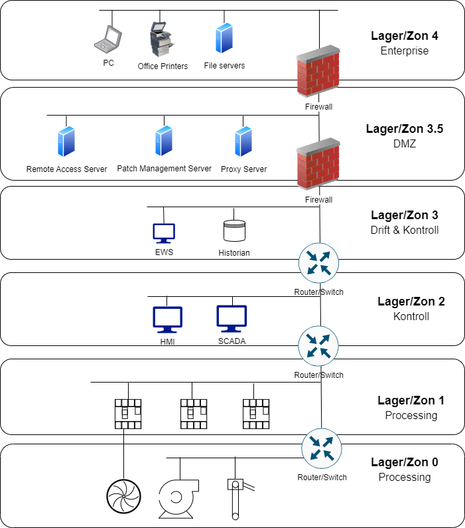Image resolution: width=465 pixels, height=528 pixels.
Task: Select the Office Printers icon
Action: point(162,39)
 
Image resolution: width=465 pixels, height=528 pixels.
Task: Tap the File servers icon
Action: point(224,39)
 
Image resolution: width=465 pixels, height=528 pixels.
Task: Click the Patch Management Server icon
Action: point(164,141)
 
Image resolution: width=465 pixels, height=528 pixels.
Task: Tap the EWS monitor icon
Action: point(164,232)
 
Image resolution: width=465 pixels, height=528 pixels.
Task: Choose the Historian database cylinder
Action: point(234,230)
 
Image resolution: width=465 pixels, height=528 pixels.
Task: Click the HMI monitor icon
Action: point(167,319)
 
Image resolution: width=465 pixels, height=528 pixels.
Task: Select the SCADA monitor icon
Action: point(232,319)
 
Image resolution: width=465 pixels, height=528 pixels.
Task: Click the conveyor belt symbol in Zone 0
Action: point(235,498)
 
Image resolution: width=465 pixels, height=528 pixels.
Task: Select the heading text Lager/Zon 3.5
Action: point(404,129)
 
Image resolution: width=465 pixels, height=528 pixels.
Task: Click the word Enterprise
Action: point(404,50)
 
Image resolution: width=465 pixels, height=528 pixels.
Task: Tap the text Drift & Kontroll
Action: point(404,230)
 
